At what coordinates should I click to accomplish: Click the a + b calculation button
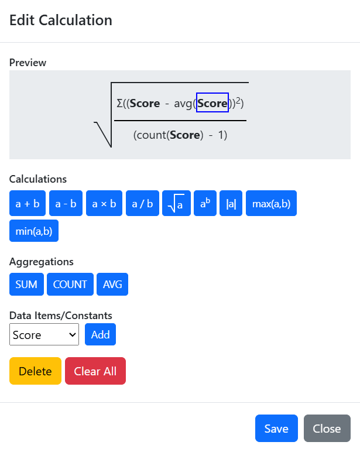(28, 203)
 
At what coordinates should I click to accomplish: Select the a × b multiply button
(104, 203)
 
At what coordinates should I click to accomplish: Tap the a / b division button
(142, 203)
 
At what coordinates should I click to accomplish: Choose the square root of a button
(176, 203)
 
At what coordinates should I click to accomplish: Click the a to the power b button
(205, 203)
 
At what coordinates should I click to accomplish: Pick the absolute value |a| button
(231, 203)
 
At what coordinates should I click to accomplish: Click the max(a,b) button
(271, 203)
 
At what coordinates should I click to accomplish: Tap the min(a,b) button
(34, 231)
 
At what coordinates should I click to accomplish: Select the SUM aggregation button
(26, 284)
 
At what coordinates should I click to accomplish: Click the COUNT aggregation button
(70, 284)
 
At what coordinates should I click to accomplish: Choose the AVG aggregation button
(112, 284)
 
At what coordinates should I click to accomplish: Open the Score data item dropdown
(44, 334)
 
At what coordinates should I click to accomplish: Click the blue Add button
(100, 334)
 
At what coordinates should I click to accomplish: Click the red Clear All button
(95, 371)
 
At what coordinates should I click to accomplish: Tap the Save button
(276, 429)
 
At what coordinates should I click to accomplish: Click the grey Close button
(327, 429)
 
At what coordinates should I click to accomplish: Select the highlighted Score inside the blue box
(212, 102)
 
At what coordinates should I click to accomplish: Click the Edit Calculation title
(61, 20)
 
